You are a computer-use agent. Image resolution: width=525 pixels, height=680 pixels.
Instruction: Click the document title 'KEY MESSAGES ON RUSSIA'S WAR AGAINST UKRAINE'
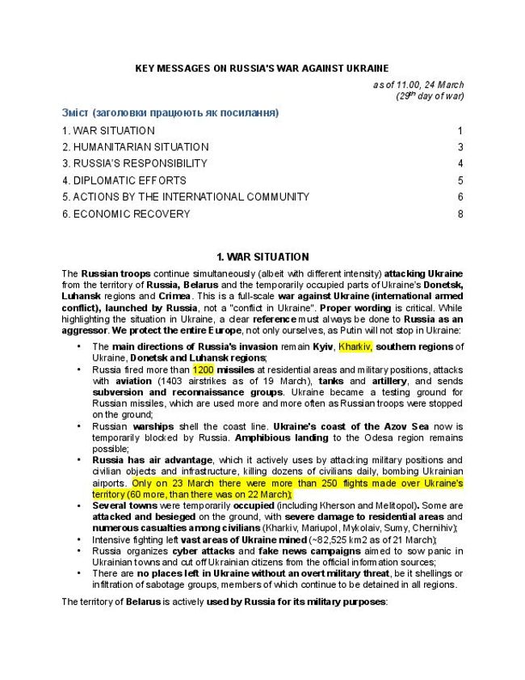[262, 69]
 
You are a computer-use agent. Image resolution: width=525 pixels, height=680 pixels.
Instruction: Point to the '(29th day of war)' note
[430, 96]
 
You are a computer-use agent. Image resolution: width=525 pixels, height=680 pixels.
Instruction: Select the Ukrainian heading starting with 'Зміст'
[170, 112]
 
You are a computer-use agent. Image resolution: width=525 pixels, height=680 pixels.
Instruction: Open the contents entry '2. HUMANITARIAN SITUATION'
[135, 147]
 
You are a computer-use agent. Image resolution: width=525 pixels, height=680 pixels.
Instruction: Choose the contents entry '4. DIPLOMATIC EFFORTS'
[124, 180]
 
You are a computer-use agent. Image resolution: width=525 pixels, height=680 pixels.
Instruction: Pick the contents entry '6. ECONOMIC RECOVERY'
[126, 214]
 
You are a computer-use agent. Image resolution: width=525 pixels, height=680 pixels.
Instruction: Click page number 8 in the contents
[460, 214]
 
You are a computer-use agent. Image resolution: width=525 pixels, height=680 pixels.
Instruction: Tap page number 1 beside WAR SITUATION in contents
[460, 130]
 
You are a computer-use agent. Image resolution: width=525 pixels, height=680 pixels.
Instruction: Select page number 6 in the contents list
[460, 196]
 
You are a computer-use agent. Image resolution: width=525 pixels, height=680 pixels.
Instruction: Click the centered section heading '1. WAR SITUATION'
[262, 257]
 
